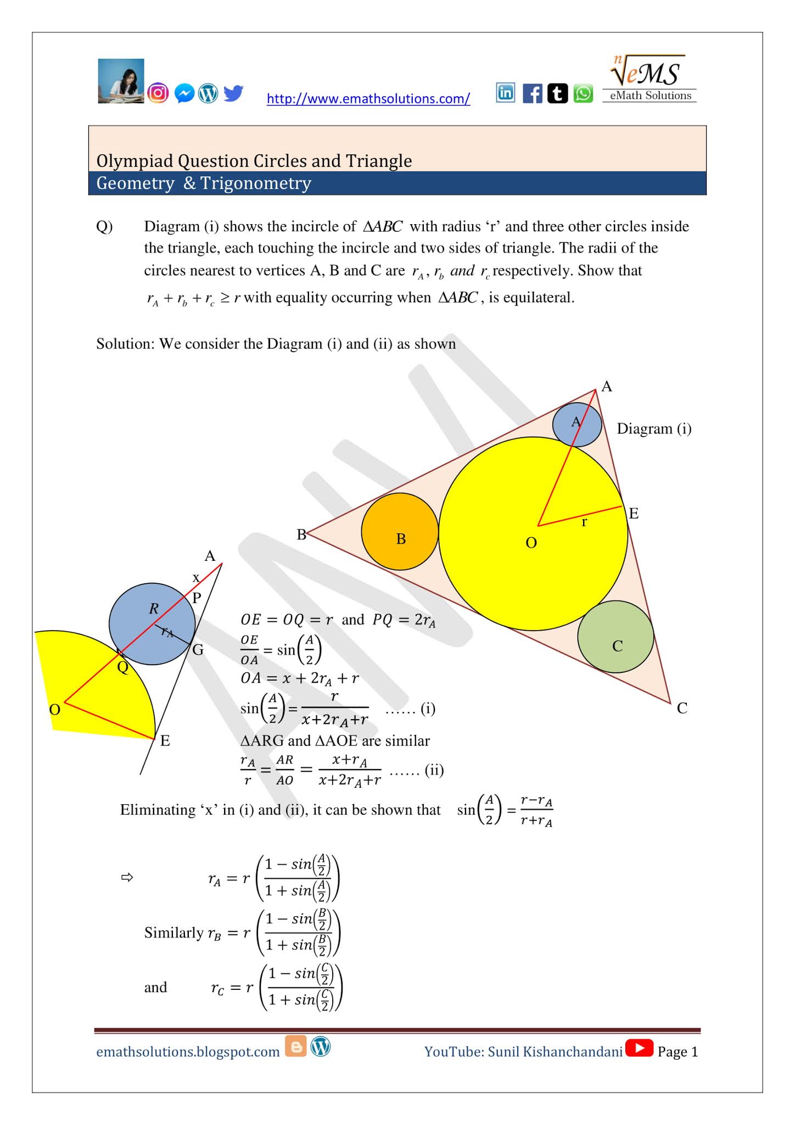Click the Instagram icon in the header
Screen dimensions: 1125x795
click(x=158, y=93)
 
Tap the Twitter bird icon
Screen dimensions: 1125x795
click(x=233, y=93)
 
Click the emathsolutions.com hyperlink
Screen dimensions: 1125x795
click(x=368, y=99)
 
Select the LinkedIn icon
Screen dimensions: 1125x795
click(x=505, y=93)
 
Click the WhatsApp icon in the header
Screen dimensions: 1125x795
click(x=583, y=93)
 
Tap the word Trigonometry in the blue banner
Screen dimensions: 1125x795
click(x=256, y=183)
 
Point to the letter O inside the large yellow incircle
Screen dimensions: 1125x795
click(x=531, y=543)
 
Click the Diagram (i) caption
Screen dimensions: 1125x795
click(x=654, y=428)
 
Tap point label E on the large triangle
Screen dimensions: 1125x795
click(x=634, y=514)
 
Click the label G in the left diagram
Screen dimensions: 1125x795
click(x=198, y=650)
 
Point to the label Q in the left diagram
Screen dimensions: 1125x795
click(x=123, y=667)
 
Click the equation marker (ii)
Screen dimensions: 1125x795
click(x=434, y=770)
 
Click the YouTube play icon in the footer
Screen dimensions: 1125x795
click(x=639, y=1048)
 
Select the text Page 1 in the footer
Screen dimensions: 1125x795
click(x=678, y=1051)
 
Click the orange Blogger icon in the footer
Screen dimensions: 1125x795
click(x=296, y=1047)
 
